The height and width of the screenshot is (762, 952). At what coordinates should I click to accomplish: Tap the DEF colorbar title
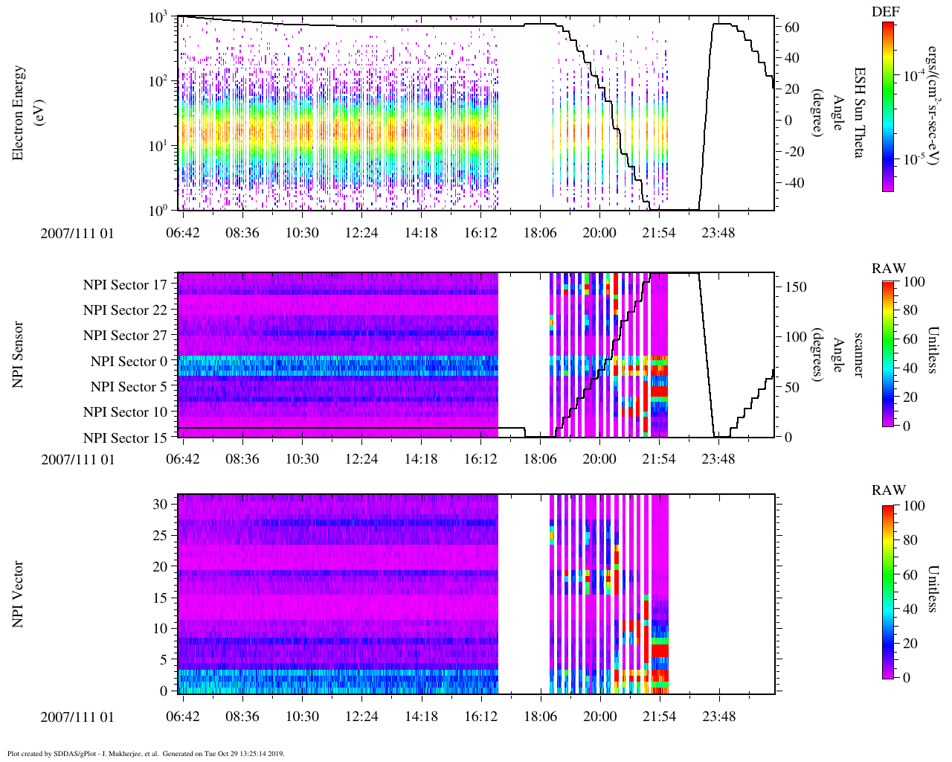click(886, 12)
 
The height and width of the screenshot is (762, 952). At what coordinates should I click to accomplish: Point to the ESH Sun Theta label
click(858, 112)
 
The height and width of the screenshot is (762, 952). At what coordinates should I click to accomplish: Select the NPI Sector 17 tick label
click(125, 284)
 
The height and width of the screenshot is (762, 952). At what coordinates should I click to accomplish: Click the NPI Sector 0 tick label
click(129, 361)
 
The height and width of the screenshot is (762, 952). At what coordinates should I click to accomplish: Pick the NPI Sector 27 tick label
click(125, 336)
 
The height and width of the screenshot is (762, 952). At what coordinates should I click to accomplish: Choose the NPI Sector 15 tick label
click(125, 438)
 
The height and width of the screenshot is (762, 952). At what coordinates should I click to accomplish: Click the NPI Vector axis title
click(19, 595)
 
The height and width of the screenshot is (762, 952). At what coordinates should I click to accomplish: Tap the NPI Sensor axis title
click(19, 354)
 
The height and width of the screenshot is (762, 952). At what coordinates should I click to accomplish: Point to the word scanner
click(858, 354)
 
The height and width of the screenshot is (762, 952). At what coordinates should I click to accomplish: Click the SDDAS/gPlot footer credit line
click(146, 753)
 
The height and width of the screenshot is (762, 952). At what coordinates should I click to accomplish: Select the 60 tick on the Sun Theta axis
click(792, 28)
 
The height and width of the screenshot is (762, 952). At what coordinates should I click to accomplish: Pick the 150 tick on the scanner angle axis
click(797, 286)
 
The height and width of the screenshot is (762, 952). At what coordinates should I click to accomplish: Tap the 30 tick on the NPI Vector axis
click(161, 504)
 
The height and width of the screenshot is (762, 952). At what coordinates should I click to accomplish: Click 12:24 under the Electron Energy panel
click(361, 232)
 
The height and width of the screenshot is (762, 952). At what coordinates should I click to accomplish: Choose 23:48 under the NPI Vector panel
click(718, 716)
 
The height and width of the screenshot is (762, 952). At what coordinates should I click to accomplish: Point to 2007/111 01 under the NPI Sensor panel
click(78, 459)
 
